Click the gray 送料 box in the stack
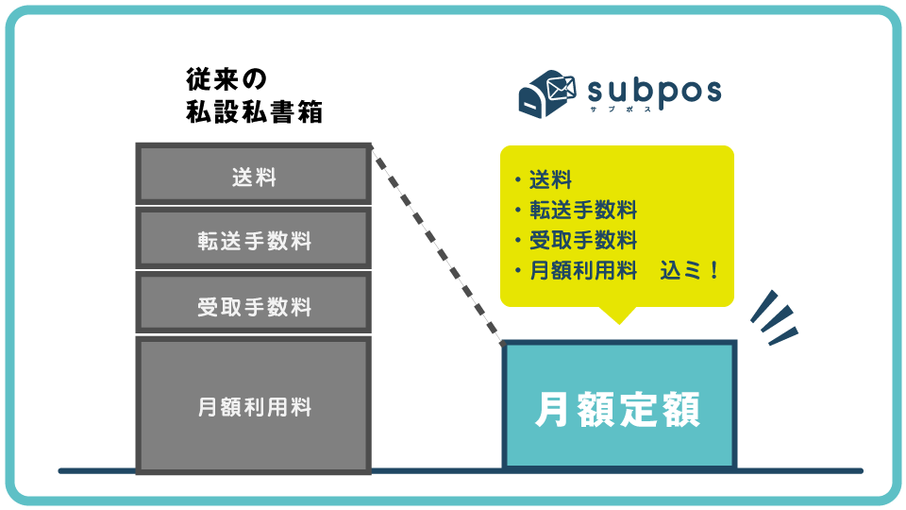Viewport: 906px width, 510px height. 253,176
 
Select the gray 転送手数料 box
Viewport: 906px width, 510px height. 253,240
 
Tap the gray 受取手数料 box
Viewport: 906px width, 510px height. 253,306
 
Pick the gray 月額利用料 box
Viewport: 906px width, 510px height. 253,407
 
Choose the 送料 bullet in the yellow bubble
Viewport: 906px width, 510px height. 550,179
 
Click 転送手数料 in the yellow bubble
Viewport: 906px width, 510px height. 582,210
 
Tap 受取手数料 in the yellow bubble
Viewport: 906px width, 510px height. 582,240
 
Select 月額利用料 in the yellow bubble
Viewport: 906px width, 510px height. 582,270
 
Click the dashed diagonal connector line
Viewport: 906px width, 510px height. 436,242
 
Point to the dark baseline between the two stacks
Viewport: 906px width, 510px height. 434,469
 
